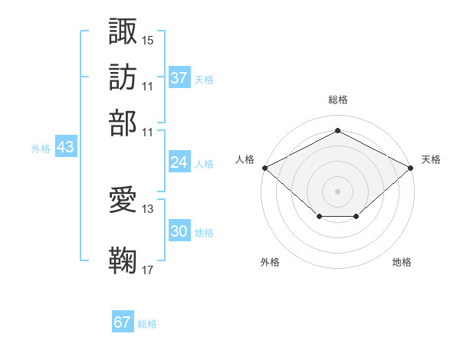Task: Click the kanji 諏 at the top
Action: click(123, 31)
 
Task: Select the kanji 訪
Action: click(123, 77)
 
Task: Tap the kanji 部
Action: click(123, 122)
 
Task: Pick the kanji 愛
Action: click(123, 201)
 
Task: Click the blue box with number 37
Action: click(179, 78)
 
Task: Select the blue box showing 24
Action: click(179, 162)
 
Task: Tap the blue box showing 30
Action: click(179, 232)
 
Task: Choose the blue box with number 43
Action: click(65, 148)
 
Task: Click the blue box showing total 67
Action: click(123, 322)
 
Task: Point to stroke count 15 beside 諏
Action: click(148, 40)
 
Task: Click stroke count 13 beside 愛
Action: click(148, 208)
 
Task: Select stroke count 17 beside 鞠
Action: click(148, 270)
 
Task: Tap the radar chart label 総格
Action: click(337, 100)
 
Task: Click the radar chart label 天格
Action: click(431, 159)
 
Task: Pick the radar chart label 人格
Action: click(245, 159)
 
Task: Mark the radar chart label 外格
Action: click(270, 262)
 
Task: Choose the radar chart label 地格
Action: click(402, 262)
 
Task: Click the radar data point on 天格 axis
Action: click(412, 167)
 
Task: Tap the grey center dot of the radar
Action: click(337, 191)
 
